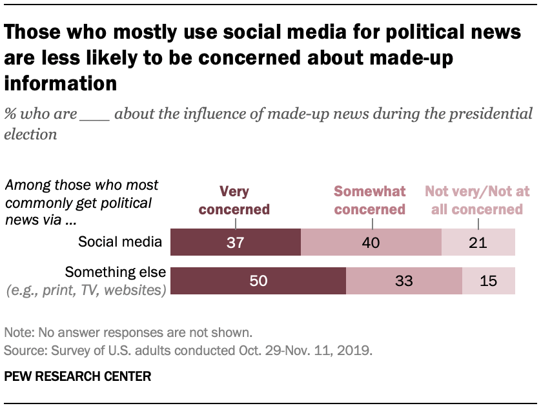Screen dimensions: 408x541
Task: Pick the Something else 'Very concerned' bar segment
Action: (213, 281)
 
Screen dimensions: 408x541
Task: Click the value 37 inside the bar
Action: (236, 243)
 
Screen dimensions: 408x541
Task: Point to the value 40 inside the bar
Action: (371, 243)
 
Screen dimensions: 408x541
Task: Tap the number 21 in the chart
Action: (478, 243)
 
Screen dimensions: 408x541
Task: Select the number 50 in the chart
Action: (258, 281)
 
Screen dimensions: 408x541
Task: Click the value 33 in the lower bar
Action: (404, 281)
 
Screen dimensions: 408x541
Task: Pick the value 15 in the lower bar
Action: (489, 281)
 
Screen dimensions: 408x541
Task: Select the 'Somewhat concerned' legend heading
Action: (370, 200)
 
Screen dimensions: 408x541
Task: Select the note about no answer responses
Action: (127, 333)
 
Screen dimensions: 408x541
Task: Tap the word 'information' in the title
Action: (61, 83)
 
